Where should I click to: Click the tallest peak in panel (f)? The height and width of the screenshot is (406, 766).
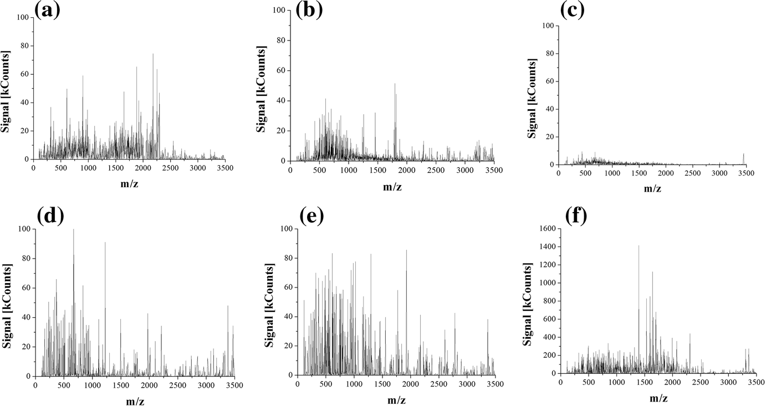(639, 246)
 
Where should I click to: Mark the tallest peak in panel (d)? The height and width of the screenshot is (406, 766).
(73, 230)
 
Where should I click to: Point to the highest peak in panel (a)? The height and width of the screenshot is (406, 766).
(153, 54)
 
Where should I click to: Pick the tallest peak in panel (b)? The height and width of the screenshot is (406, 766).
(395, 84)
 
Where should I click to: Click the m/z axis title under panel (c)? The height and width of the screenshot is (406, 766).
(652, 188)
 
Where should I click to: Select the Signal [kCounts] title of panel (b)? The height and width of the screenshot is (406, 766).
(261, 90)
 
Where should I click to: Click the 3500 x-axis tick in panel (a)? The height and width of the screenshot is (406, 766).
(224, 168)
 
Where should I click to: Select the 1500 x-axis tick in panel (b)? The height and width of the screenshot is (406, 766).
(377, 169)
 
